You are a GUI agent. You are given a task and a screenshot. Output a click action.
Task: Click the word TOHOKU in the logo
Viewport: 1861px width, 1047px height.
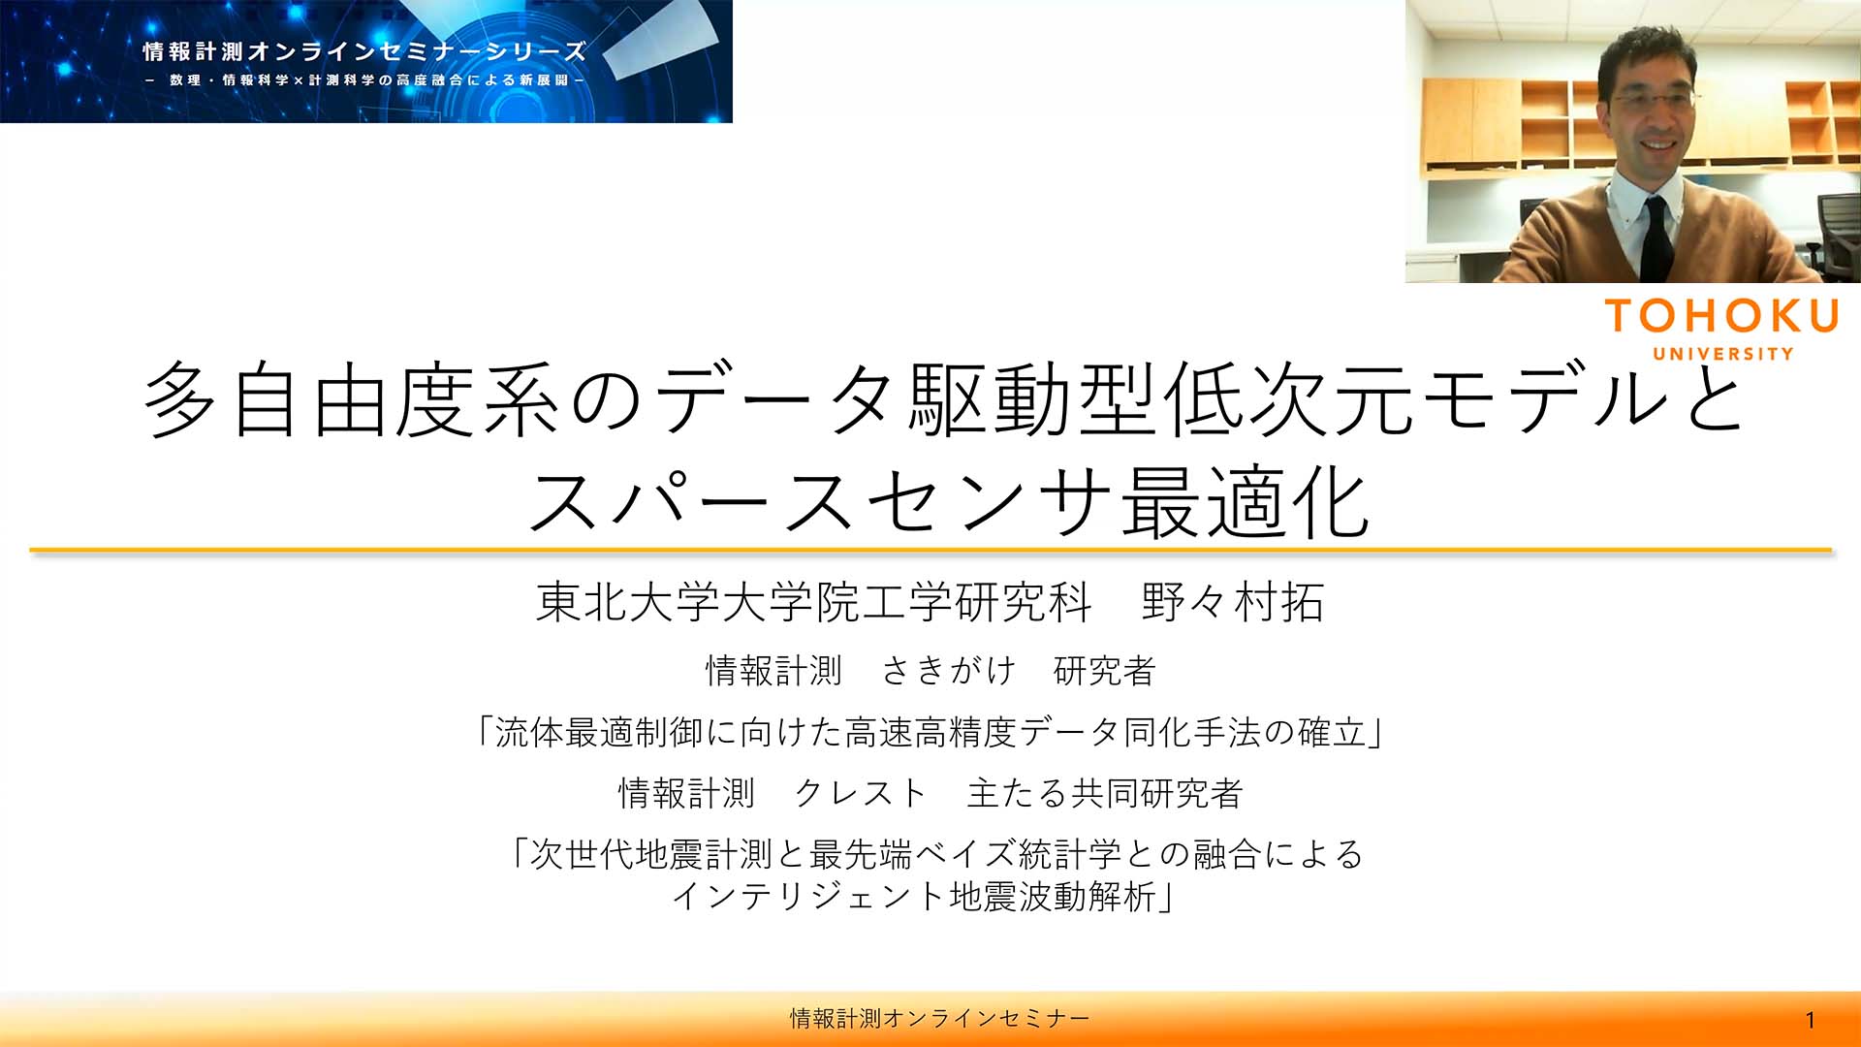pos(1721,316)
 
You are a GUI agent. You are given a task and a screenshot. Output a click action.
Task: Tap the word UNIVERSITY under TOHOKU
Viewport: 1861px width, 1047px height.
pos(1723,354)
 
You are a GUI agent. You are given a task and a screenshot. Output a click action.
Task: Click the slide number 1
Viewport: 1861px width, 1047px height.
pos(1810,1020)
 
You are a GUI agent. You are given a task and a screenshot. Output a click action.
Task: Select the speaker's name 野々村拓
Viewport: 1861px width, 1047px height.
pos(1232,602)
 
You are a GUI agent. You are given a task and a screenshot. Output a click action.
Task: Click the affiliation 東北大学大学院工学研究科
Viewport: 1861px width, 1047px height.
pos(814,602)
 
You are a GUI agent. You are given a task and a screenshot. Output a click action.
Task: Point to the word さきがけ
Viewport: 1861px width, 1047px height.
pos(948,670)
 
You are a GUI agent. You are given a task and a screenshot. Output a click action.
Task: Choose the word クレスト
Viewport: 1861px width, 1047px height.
pos(861,793)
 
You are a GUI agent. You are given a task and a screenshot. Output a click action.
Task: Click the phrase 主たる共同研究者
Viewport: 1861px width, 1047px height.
pos(1105,793)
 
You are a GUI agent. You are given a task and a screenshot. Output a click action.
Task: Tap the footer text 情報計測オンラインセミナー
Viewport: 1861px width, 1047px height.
pos(939,1018)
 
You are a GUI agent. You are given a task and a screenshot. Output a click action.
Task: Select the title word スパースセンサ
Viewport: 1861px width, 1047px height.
pos(820,502)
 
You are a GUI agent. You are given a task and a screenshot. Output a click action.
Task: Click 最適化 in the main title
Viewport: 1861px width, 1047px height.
pos(1246,502)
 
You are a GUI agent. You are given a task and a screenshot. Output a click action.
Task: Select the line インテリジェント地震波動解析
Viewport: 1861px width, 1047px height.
pos(924,896)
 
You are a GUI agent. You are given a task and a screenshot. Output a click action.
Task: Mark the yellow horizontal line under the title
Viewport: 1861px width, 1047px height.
pos(930,551)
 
